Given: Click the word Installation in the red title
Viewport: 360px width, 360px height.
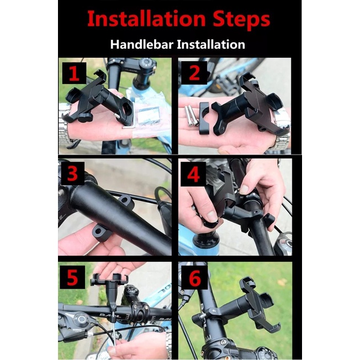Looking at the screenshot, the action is point(146,19).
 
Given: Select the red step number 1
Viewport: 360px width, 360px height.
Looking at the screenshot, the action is point(74,73).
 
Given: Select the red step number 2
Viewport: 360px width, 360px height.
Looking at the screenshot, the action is point(194,73).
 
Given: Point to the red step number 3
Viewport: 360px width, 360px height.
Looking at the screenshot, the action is point(72,173).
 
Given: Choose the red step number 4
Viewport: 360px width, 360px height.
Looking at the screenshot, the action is point(193,174).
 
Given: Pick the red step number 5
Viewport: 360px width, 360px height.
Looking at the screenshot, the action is point(72,278).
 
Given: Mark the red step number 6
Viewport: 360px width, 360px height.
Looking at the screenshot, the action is point(195,278).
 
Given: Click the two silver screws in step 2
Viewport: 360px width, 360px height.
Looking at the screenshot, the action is point(191,115).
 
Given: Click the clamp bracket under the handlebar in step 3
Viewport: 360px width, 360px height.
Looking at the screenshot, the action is point(101,232).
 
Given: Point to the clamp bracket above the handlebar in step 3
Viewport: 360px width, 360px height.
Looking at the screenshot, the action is point(126,202).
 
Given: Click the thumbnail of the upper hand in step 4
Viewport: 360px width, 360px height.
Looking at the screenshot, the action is point(244,189).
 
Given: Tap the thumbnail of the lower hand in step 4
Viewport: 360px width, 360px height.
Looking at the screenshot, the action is point(212,216).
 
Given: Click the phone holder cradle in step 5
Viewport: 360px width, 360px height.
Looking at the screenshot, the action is point(109,279).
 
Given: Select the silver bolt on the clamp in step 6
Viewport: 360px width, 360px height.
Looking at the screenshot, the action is point(202,316).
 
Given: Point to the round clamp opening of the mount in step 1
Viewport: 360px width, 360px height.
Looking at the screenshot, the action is point(126,108).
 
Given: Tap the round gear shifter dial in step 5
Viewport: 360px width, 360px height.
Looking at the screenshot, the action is point(81,319).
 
